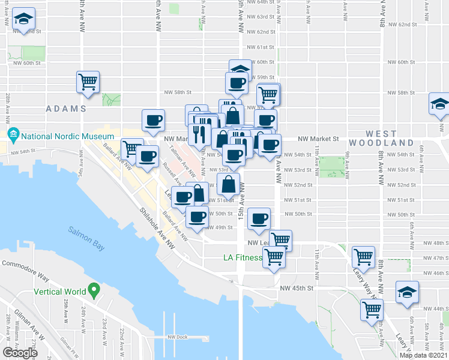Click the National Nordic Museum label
(x=58, y=137)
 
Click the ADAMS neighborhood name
(x=67, y=109)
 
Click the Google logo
(x=20, y=352)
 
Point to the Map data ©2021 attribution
(x=424, y=355)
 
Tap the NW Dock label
(x=178, y=337)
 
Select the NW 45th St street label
(x=297, y=288)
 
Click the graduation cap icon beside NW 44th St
(x=407, y=293)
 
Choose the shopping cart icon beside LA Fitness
(x=274, y=257)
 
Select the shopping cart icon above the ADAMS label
(x=88, y=82)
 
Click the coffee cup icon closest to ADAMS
(x=153, y=120)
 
